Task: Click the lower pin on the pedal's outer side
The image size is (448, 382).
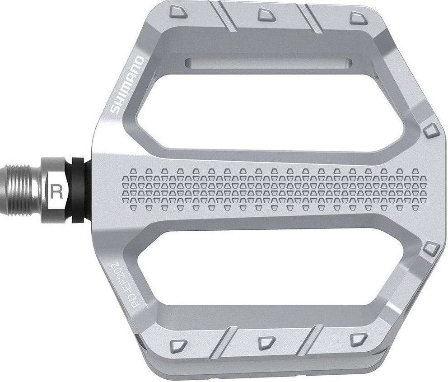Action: tap(431, 247)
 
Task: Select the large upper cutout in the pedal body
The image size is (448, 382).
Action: tap(266, 108)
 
